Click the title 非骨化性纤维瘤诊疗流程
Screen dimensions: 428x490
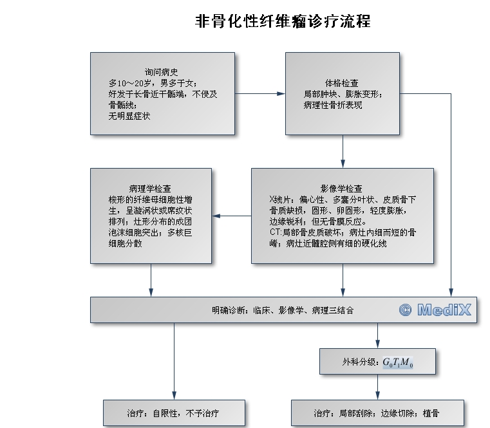pyautogui.click(x=283, y=21)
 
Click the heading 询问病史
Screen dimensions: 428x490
pyautogui.click(x=162, y=73)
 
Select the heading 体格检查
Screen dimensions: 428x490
pyautogui.click(x=342, y=83)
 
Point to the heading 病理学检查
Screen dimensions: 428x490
pyautogui.click(x=150, y=189)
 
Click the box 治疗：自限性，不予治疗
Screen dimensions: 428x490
pyautogui.click(x=174, y=413)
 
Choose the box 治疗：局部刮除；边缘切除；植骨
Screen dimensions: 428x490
pyautogui.click(x=377, y=413)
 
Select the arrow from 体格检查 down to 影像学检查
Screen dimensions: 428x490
pyautogui.click(x=343, y=151)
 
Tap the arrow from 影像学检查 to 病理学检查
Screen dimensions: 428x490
pyautogui.click(x=231, y=216)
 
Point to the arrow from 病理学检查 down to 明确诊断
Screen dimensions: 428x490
pyautogui.click(x=151, y=280)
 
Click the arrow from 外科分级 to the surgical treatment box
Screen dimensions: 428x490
pyautogui.click(x=377, y=387)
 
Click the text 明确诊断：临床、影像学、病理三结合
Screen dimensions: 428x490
pyautogui.click(x=283, y=310)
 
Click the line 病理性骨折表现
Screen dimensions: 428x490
pyautogui.click(x=333, y=104)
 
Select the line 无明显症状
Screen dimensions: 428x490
pyautogui.click(x=129, y=116)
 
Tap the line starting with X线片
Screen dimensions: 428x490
pyautogui.click(x=342, y=200)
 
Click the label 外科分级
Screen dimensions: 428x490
pyautogui.click(x=361, y=362)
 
